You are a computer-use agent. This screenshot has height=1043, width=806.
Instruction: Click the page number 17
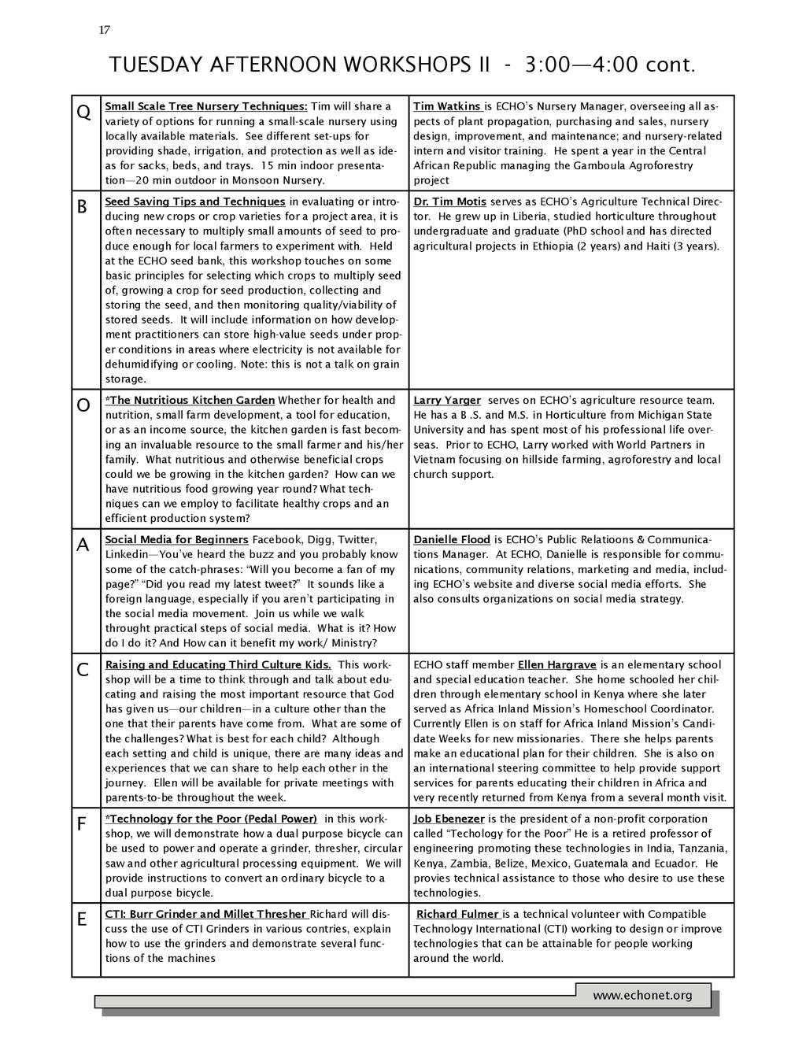click(x=104, y=30)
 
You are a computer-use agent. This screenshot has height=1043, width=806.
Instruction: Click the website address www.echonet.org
click(x=642, y=995)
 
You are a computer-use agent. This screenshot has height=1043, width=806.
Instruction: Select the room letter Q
click(x=83, y=113)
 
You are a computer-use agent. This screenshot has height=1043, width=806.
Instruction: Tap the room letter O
click(x=83, y=406)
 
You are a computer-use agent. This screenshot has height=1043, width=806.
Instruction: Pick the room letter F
click(x=82, y=825)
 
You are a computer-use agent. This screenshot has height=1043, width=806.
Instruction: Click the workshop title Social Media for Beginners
click(x=176, y=539)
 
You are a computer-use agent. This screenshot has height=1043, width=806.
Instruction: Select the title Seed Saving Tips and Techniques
click(x=195, y=202)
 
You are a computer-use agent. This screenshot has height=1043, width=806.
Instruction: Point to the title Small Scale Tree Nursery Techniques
click(x=206, y=106)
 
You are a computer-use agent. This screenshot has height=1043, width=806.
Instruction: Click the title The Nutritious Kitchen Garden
click(x=191, y=400)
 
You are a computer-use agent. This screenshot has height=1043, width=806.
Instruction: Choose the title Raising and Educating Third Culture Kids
click(x=218, y=664)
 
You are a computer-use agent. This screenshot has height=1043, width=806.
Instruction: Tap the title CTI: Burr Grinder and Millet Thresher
click(x=206, y=914)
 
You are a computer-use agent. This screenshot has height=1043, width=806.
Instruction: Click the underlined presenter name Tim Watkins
click(x=448, y=106)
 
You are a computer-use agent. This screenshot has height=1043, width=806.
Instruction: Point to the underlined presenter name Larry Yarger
click(x=446, y=400)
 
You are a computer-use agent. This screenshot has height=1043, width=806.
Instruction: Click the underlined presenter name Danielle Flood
click(x=452, y=539)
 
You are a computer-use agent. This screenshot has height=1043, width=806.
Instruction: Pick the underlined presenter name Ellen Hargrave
click(x=556, y=664)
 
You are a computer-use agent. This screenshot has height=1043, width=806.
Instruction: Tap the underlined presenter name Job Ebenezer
click(x=449, y=819)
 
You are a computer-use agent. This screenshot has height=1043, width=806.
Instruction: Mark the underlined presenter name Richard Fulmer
click(x=458, y=914)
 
